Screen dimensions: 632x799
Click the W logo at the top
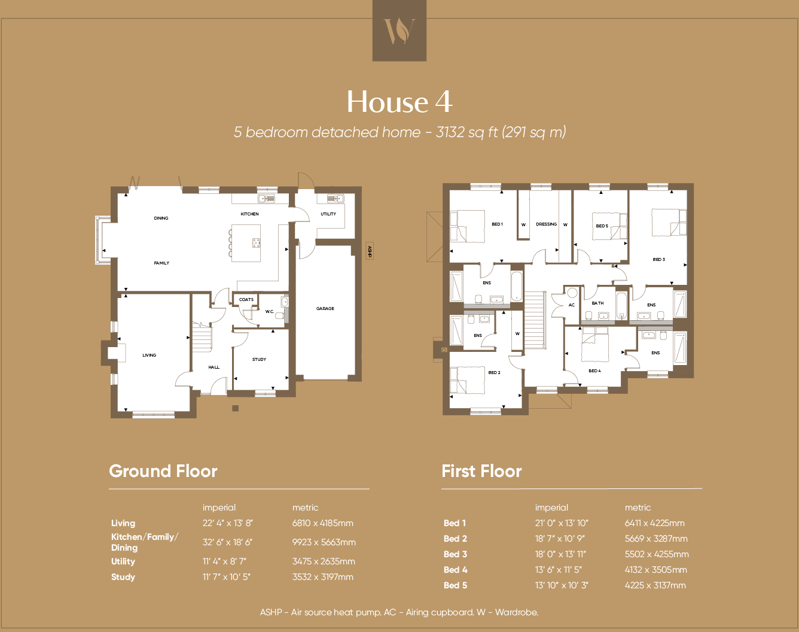pos(399,31)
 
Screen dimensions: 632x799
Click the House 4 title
pos(399,102)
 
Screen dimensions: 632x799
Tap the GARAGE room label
pos(325,309)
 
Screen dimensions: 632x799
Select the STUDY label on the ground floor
pos(259,360)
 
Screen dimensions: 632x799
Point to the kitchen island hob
pos(256,242)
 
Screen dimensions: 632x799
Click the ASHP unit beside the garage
pos(370,251)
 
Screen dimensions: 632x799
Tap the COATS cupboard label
pos(246,300)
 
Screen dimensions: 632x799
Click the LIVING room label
pos(150,355)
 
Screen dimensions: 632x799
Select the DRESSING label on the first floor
pos(546,224)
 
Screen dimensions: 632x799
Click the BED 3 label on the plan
pos(658,260)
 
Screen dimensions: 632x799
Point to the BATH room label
pos(597,303)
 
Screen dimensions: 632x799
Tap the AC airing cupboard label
pos(572,305)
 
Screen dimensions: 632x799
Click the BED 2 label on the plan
pos(494,373)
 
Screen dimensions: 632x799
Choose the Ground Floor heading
pos(163,471)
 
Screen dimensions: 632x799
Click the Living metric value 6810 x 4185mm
pos(323,523)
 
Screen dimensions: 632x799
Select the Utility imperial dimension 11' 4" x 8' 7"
pos(224,561)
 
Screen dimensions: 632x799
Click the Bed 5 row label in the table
pos(455,585)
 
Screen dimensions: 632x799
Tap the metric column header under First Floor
pos(638,508)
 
